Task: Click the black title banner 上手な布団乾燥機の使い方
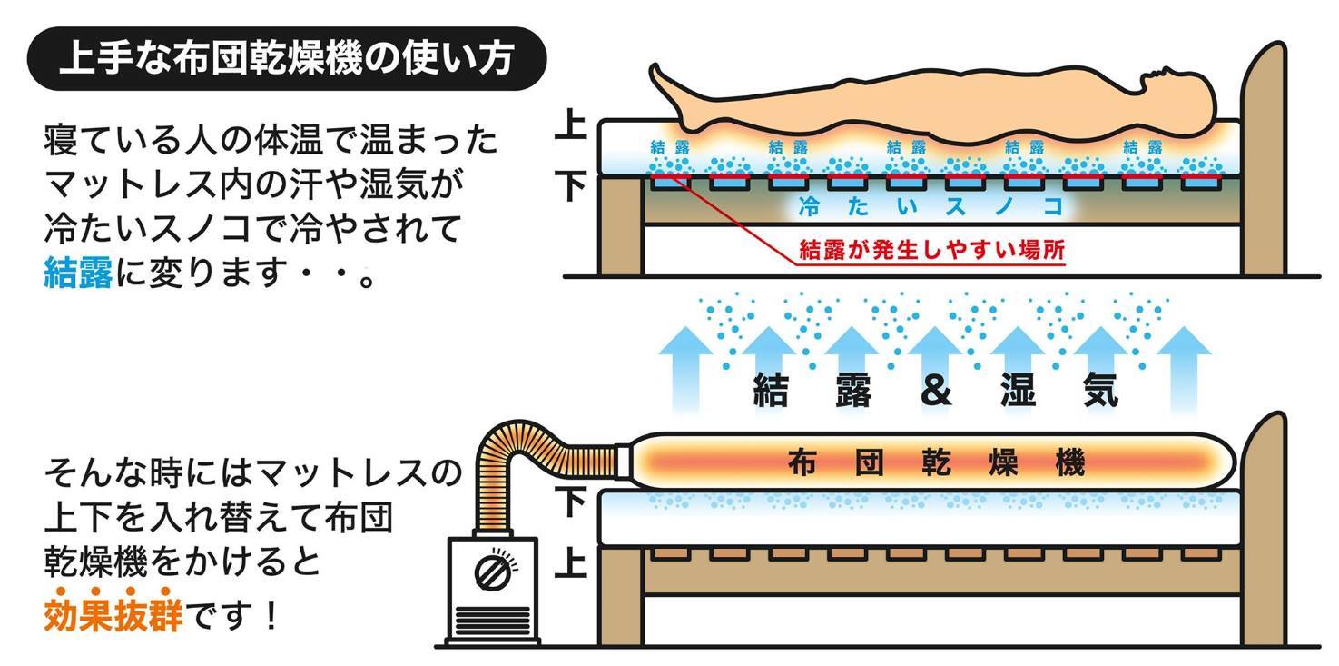(285, 60)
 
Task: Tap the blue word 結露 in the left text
(77, 273)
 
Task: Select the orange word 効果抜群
(113, 617)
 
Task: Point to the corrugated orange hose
(527, 454)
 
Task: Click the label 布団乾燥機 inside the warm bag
(936, 463)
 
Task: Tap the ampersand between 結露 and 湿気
(936, 391)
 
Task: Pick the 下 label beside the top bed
(570, 186)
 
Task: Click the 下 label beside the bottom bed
(570, 502)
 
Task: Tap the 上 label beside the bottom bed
(570, 562)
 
